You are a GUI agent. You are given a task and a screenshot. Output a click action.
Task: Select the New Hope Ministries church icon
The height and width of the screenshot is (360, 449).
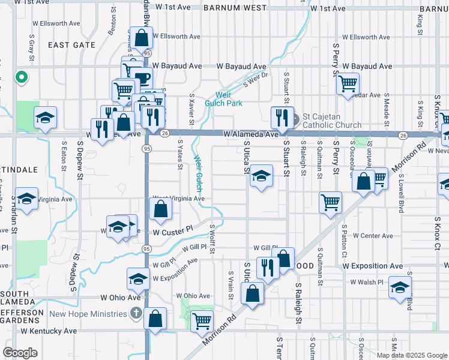136,313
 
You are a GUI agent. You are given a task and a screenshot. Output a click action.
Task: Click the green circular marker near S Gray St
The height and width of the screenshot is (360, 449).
20,77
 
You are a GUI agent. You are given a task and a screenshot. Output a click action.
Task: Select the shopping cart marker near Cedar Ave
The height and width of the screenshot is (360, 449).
348,83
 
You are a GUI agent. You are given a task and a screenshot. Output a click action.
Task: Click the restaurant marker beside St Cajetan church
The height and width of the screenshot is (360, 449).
280,116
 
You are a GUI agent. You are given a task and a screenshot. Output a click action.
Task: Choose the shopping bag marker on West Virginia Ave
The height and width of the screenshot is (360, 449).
160,209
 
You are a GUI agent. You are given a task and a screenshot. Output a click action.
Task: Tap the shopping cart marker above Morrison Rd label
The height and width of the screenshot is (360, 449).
202,320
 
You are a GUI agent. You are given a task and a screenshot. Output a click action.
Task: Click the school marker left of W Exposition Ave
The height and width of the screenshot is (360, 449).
138,278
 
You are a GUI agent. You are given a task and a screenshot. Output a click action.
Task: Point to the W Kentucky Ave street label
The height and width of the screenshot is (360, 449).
49,331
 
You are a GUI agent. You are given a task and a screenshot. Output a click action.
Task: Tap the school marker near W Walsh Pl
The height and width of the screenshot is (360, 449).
400,286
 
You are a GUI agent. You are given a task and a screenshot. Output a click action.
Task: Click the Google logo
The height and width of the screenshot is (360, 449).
20,353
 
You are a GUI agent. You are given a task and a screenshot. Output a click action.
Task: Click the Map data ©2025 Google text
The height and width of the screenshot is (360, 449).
412,355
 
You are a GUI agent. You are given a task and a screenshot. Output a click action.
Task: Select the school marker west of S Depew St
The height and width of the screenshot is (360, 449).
45,118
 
